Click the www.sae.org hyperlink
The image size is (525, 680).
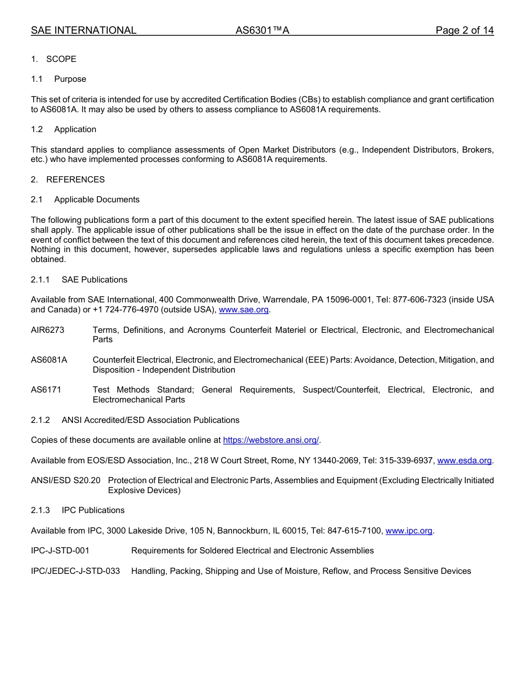click(x=243, y=310)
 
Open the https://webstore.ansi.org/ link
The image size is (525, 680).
click(x=271, y=440)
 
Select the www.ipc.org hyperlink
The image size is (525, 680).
click(x=409, y=531)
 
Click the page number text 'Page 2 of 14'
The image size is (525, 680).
click(x=464, y=30)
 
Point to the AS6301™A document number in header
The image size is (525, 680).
click(x=262, y=30)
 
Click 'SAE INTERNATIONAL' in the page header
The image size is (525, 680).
click(x=83, y=30)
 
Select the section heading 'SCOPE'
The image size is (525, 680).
click(x=61, y=59)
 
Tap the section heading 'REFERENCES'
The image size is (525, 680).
click(x=75, y=180)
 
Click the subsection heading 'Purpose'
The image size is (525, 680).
click(x=70, y=79)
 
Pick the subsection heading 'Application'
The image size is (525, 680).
click(x=75, y=129)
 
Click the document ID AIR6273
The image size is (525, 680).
click(x=48, y=330)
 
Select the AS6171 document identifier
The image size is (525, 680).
click(x=46, y=390)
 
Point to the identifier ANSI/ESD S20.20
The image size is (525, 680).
click(x=66, y=480)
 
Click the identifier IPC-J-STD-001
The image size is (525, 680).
click(x=60, y=551)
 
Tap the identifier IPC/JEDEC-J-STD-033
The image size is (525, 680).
click(x=75, y=571)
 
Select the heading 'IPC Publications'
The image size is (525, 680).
click(x=93, y=510)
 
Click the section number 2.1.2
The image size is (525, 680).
click(x=40, y=420)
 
